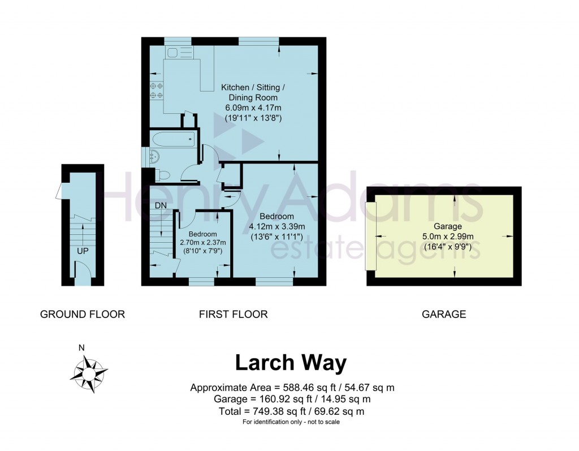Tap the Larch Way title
[x=290, y=363]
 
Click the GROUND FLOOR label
[x=83, y=314]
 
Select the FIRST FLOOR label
[x=233, y=314]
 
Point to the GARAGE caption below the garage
[x=444, y=314]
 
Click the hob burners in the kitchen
[x=157, y=91]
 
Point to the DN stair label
[x=161, y=205]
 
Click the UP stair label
[x=83, y=250]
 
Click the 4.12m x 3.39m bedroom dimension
[x=276, y=227]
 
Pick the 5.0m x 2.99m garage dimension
[x=444, y=237]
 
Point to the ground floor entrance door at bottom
[x=83, y=278]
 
